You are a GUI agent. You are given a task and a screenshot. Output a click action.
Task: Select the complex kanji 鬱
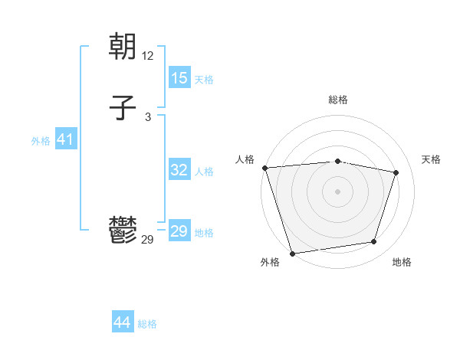pyautogui.click(x=123, y=230)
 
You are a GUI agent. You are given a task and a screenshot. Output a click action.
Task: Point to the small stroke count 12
pyautogui.click(x=148, y=56)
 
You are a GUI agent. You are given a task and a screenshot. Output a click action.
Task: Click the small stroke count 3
pyautogui.click(x=148, y=116)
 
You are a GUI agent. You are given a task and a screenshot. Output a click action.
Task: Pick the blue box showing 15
pyautogui.click(x=179, y=78)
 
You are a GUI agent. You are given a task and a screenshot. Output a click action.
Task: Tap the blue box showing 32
pyautogui.click(x=179, y=170)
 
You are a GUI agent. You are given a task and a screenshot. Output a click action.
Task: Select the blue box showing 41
pyautogui.click(x=65, y=140)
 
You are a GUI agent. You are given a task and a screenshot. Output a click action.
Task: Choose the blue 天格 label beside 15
pyautogui.click(x=204, y=80)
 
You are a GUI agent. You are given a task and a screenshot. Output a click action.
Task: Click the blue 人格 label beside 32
pyautogui.click(x=204, y=172)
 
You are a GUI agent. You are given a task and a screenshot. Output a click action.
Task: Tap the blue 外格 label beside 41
pyautogui.click(x=41, y=141)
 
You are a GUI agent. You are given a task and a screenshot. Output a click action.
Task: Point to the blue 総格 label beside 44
pyautogui.click(x=147, y=324)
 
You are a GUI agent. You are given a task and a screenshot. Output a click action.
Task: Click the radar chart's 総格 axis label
pyautogui.click(x=337, y=100)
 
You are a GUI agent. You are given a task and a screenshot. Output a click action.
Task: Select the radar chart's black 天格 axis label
pyautogui.click(x=431, y=159)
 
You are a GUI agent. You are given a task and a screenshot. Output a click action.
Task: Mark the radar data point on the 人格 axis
pyautogui.click(x=264, y=168)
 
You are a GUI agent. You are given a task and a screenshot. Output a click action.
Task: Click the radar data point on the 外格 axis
pyautogui.click(x=292, y=253)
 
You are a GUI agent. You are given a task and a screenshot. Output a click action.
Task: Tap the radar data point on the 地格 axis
pyautogui.click(x=374, y=242)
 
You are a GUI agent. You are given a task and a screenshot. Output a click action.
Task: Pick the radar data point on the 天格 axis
pyautogui.click(x=396, y=172)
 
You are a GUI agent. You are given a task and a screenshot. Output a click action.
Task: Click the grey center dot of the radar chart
pyautogui.click(x=337, y=191)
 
